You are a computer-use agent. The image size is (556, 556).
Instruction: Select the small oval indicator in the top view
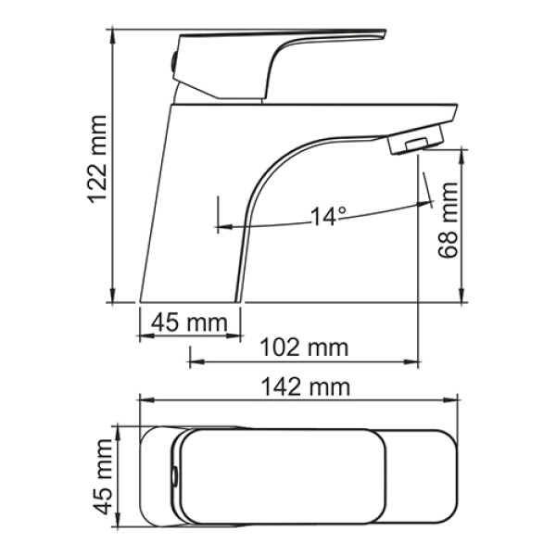click(173, 477)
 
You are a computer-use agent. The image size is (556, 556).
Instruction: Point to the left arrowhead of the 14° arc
click(221, 224)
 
